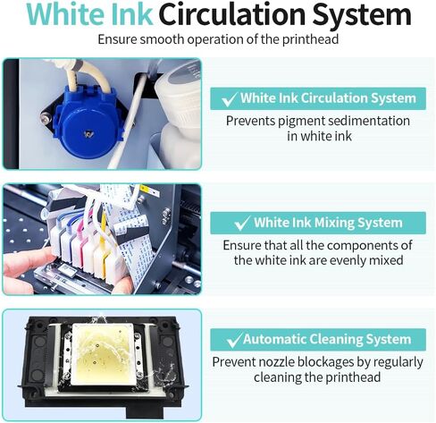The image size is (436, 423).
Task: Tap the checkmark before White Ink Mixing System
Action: click(241, 224)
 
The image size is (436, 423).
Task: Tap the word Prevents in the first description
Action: click(252, 121)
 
